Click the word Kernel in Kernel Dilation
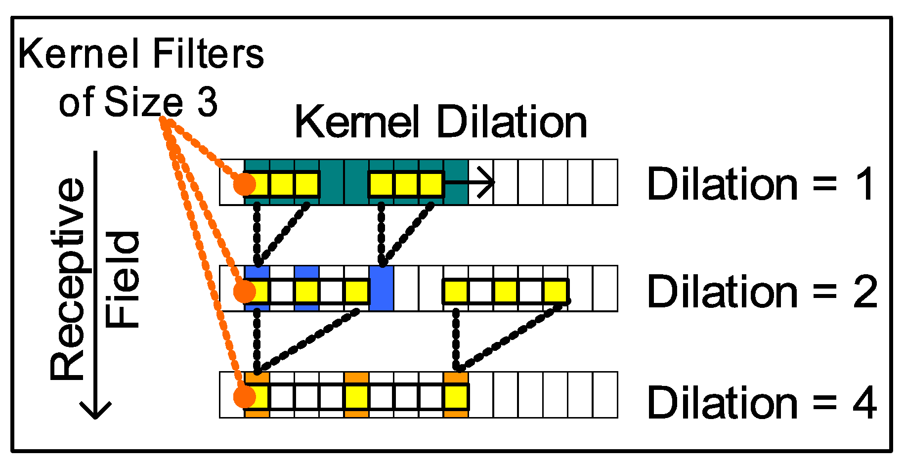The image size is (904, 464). point(357,122)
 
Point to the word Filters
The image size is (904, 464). point(208,54)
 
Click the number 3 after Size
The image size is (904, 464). point(208,102)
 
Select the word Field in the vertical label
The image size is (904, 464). point(123,279)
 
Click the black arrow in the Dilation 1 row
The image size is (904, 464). point(470,183)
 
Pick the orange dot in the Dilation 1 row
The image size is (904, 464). point(244,184)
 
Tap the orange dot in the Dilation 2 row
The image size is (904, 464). point(244,292)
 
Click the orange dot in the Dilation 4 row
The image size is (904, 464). point(244,397)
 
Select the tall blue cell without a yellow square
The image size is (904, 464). point(381,288)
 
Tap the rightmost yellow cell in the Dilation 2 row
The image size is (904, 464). point(555,292)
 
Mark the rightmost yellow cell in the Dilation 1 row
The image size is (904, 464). point(430,184)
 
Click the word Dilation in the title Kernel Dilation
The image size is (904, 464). point(512,122)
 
